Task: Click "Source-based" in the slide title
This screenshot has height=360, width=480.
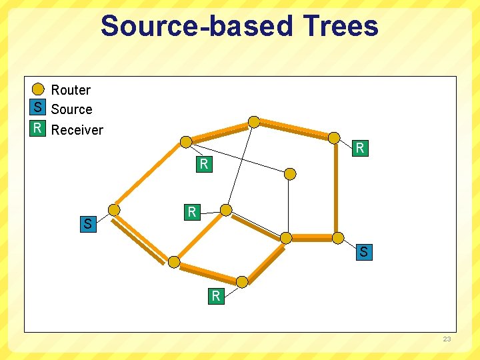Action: coord(197,26)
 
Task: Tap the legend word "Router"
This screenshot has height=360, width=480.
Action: coord(71,90)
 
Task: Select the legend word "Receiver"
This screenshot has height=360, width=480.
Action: coord(77,130)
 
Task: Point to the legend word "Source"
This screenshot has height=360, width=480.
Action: coord(71,109)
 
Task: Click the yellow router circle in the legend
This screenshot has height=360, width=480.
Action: coord(39,89)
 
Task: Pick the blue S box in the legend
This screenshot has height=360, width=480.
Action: coord(38,107)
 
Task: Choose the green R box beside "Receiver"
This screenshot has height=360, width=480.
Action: coord(38,128)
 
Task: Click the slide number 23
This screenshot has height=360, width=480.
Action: coord(447,339)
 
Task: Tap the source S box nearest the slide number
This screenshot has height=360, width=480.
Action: coord(363,253)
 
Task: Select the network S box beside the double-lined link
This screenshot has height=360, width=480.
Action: coord(87,224)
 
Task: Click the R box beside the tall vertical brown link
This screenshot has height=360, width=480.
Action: coord(360,148)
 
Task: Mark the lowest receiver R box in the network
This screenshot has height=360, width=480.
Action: coord(215,296)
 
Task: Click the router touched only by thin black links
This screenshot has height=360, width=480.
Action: coord(290,174)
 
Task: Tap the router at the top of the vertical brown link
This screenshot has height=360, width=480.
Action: coord(334,137)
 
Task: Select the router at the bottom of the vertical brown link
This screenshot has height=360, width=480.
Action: coord(338,238)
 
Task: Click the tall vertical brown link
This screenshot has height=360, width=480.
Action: coord(336,190)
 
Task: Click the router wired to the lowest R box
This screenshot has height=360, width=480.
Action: coord(242,282)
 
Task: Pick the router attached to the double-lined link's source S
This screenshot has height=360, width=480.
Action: coord(115,210)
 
